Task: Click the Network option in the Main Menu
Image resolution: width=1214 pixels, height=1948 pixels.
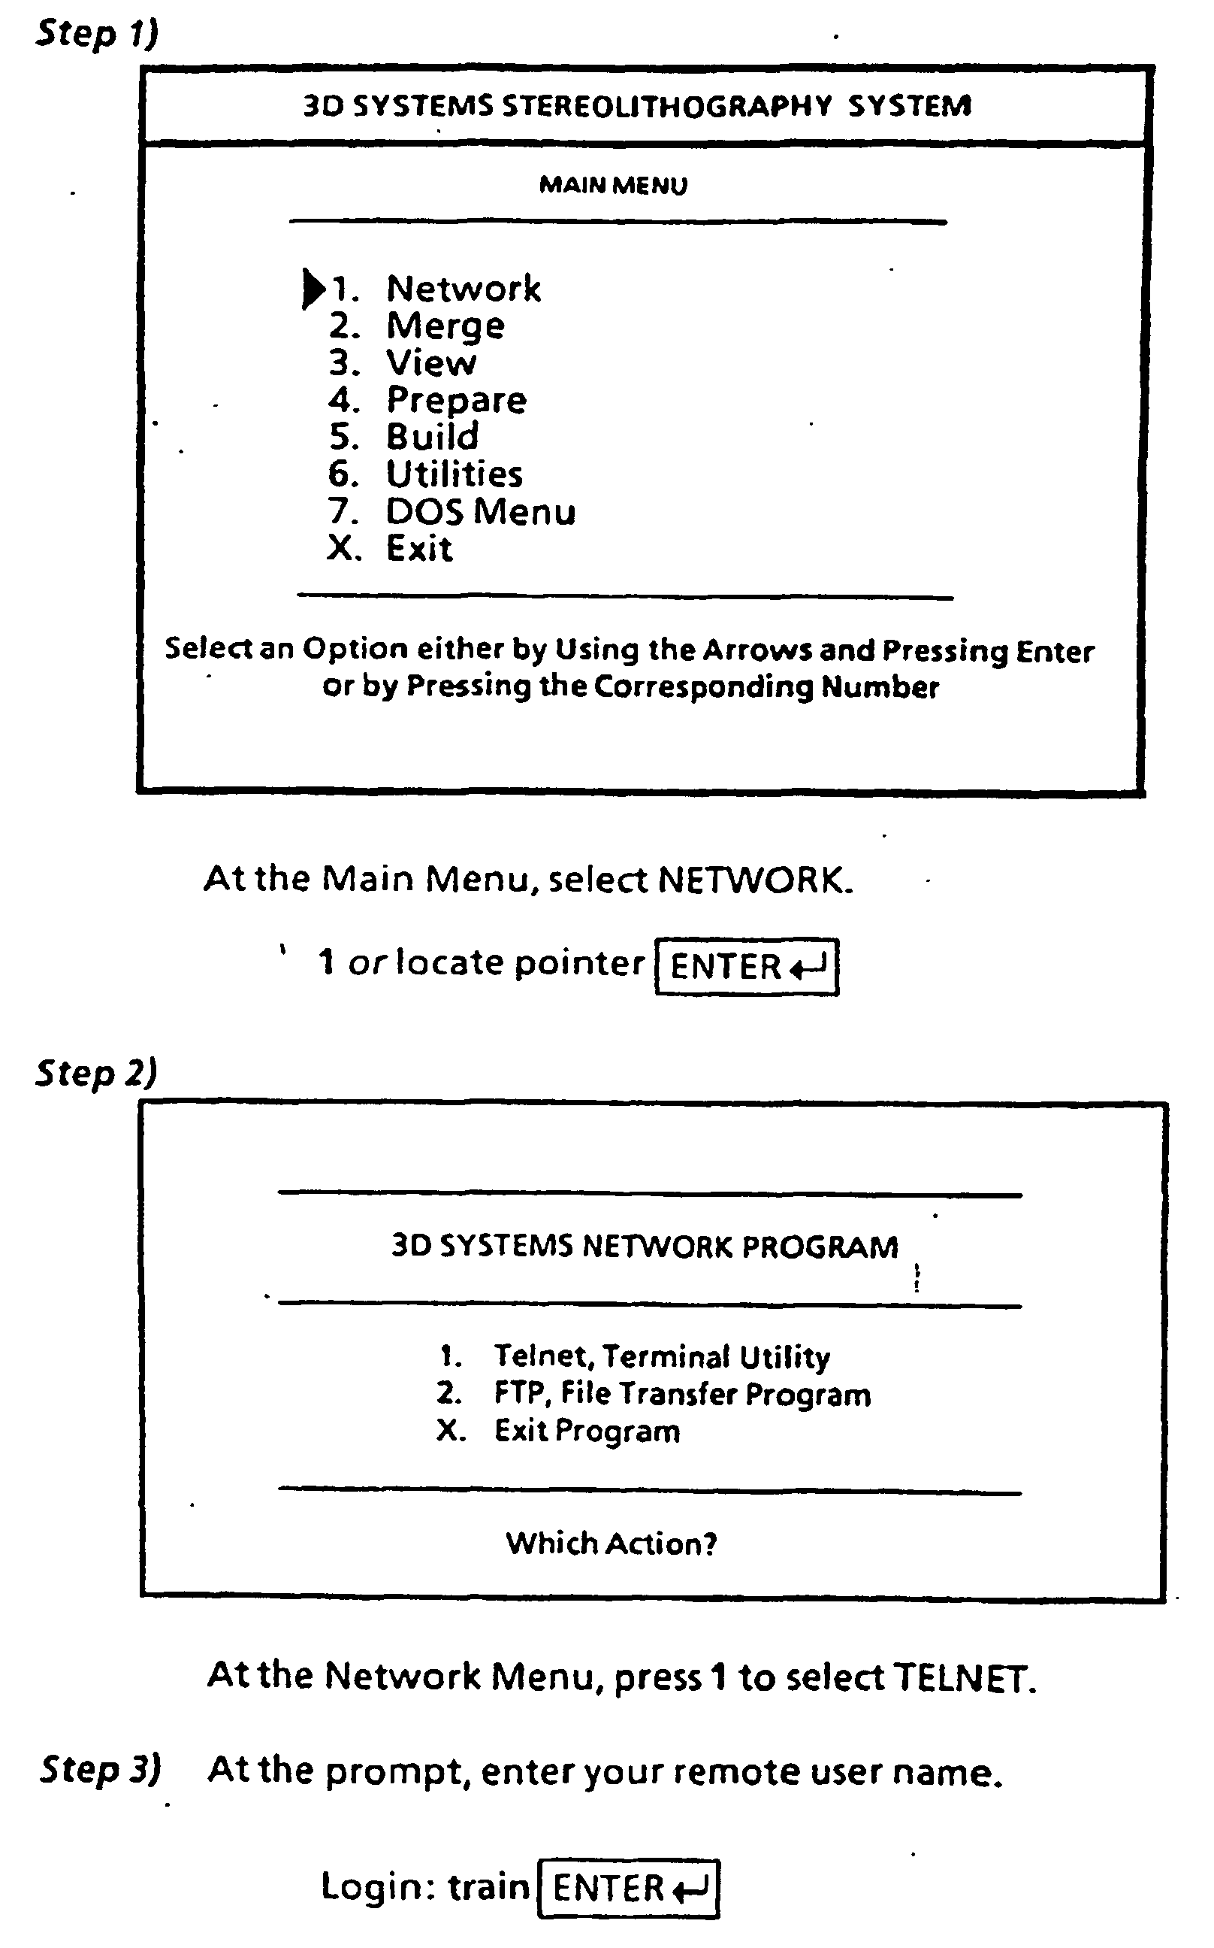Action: (x=463, y=289)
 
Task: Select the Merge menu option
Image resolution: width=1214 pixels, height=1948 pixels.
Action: (x=445, y=326)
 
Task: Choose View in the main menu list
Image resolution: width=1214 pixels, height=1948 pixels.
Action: (x=430, y=363)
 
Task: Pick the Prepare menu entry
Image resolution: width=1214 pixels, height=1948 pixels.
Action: (x=456, y=400)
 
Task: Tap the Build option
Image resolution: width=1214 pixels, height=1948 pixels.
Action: (x=432, y=437)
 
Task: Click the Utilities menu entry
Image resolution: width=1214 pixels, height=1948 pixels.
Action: (x=454, y=474)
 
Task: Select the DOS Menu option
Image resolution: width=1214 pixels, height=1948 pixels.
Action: (x=480, y=512)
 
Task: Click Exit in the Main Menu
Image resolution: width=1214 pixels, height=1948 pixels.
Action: (x=418, y=549)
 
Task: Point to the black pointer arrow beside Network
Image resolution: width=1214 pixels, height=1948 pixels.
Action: (x=313, y=289)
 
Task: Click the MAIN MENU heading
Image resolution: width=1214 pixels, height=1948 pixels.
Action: (x=614, y=186)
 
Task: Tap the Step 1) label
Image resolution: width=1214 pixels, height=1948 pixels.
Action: (x=97, y=34)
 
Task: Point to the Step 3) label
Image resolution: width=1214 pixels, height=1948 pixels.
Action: (x=101, y=1770)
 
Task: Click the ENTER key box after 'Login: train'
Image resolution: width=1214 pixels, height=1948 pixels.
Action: (x=629, y=1888)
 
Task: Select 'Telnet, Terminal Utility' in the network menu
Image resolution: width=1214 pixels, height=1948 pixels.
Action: (x=662, y=1356)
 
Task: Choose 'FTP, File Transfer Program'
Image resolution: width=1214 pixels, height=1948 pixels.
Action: (x=681, y=1394)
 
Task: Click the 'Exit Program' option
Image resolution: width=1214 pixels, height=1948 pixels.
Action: (x=587, y=1431)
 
